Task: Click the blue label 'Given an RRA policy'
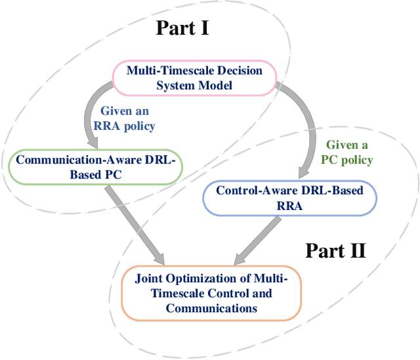[x=129, y=117]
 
